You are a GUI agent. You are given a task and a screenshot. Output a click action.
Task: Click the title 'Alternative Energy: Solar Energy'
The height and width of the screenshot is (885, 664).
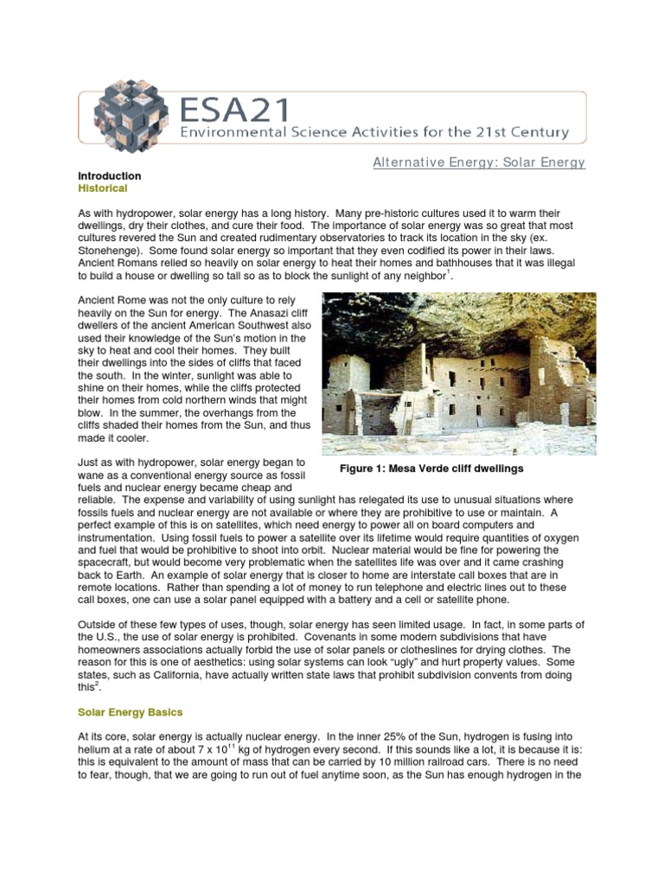479,162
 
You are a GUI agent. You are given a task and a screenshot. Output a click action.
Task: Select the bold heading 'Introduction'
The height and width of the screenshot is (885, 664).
109,176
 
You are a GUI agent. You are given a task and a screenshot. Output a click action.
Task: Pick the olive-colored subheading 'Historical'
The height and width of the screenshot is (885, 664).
102,188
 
